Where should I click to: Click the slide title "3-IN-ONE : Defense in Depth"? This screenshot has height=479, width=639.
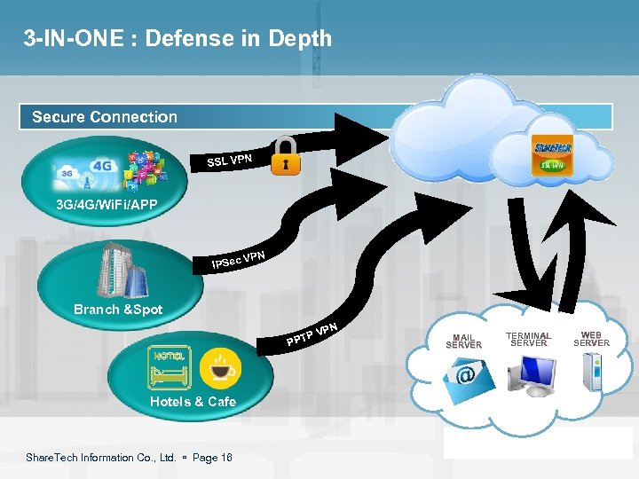[177, 39]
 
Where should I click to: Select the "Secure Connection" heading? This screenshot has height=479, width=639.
[105, 117]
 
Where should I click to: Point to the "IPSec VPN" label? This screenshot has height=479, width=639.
[239, 260]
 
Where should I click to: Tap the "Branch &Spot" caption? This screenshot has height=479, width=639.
[118, 310]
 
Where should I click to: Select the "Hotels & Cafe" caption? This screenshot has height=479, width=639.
[193, 402]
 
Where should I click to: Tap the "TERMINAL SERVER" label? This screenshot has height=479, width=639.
[529, 339]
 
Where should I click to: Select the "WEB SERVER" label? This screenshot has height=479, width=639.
[591, 339]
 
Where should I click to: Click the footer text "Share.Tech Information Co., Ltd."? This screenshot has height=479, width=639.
[100, 458]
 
